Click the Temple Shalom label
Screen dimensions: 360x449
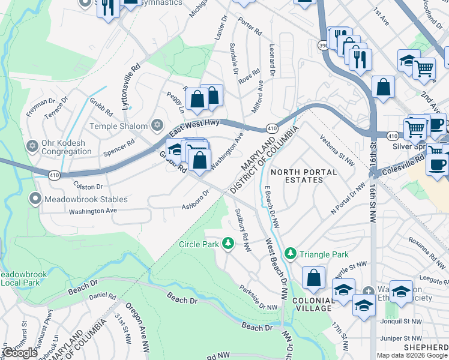tap(119, 126)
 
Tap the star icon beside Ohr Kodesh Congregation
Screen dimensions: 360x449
tap(32, 146)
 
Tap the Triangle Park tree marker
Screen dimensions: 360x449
tap(291, 254)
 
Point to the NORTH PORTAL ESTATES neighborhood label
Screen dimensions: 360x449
tap(304, 176)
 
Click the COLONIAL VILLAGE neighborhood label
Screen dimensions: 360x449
tap(312, 304)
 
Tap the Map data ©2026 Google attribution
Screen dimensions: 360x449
tap(412, 355)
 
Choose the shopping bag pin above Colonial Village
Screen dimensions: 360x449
tap(313, 279)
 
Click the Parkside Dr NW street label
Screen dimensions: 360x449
tap(258, 297)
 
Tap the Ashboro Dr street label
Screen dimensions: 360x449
tap(195, 201)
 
